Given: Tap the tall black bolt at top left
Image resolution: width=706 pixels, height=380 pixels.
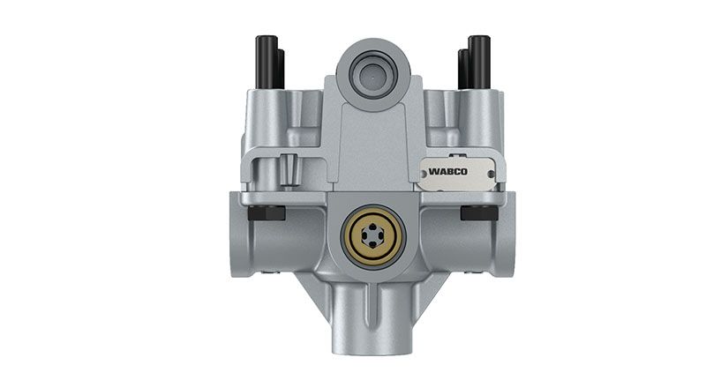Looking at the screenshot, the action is pyautogui.click(x=267, y=62).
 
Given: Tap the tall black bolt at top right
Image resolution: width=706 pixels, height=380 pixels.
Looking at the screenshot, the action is pyautogui.click(x=478, y=62).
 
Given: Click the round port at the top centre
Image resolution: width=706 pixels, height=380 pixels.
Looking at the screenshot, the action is pyautogui.click(x=372, y=75).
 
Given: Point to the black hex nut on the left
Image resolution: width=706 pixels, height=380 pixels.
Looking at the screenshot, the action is pyautogui.click(x=267, y=212).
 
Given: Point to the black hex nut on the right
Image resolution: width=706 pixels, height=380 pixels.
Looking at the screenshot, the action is pyautogui.click(x=479, y=212).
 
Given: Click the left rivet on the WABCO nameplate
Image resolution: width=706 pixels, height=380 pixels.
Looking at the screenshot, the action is pyautogui.click(x=423, y=171).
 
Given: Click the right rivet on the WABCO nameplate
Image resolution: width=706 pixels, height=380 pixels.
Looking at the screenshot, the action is pyautogui.click(x=491, y=174).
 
